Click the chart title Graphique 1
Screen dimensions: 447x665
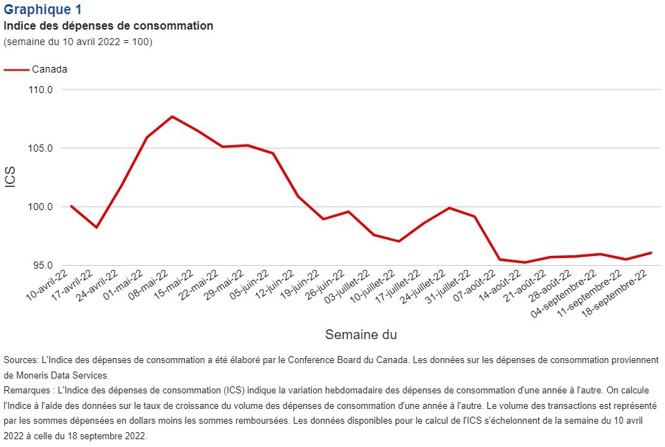pos(42,10)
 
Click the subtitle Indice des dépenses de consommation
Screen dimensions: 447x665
pos(109,26)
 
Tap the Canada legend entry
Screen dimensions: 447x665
pos(49,69)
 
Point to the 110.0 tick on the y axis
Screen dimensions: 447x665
pos(42,90)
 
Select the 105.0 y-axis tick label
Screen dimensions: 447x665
pos(42,148)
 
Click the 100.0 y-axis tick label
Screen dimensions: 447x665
pos(42,207)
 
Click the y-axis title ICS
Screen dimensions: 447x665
pos(11,177)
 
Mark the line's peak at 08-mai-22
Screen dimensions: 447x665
pos(172,116)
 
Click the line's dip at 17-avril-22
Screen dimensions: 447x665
pos(97,227)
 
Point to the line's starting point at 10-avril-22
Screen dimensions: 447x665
pos(71,206)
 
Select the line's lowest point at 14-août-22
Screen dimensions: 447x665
pos(525,262)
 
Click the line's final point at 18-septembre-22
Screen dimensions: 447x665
pos(651,252)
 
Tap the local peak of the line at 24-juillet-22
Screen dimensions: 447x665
pos(449,208)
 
